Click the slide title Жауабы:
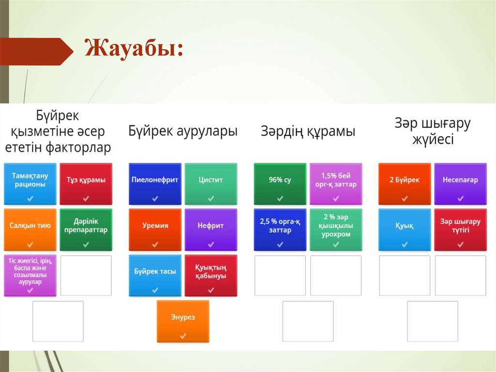point(134,49)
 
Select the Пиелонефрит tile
point(155,184)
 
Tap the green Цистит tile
point(211,184)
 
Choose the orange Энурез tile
point(183,321)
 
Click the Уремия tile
point(155,230)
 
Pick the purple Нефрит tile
point(211,230)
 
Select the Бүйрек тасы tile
point(155,275)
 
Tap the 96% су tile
point(280,184)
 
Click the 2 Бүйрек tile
point(404,184)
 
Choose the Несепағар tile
point(460,184)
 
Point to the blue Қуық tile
point(404,230)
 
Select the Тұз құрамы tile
point(86,184)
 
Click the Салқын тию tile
point(30,230)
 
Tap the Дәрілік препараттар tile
point(86,230)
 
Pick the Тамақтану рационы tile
point(30,184)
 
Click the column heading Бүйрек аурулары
point(183,131)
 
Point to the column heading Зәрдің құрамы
point(308,131)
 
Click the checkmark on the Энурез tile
point(183,336)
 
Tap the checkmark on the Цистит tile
point(211,199)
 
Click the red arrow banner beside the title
point(36,51)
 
